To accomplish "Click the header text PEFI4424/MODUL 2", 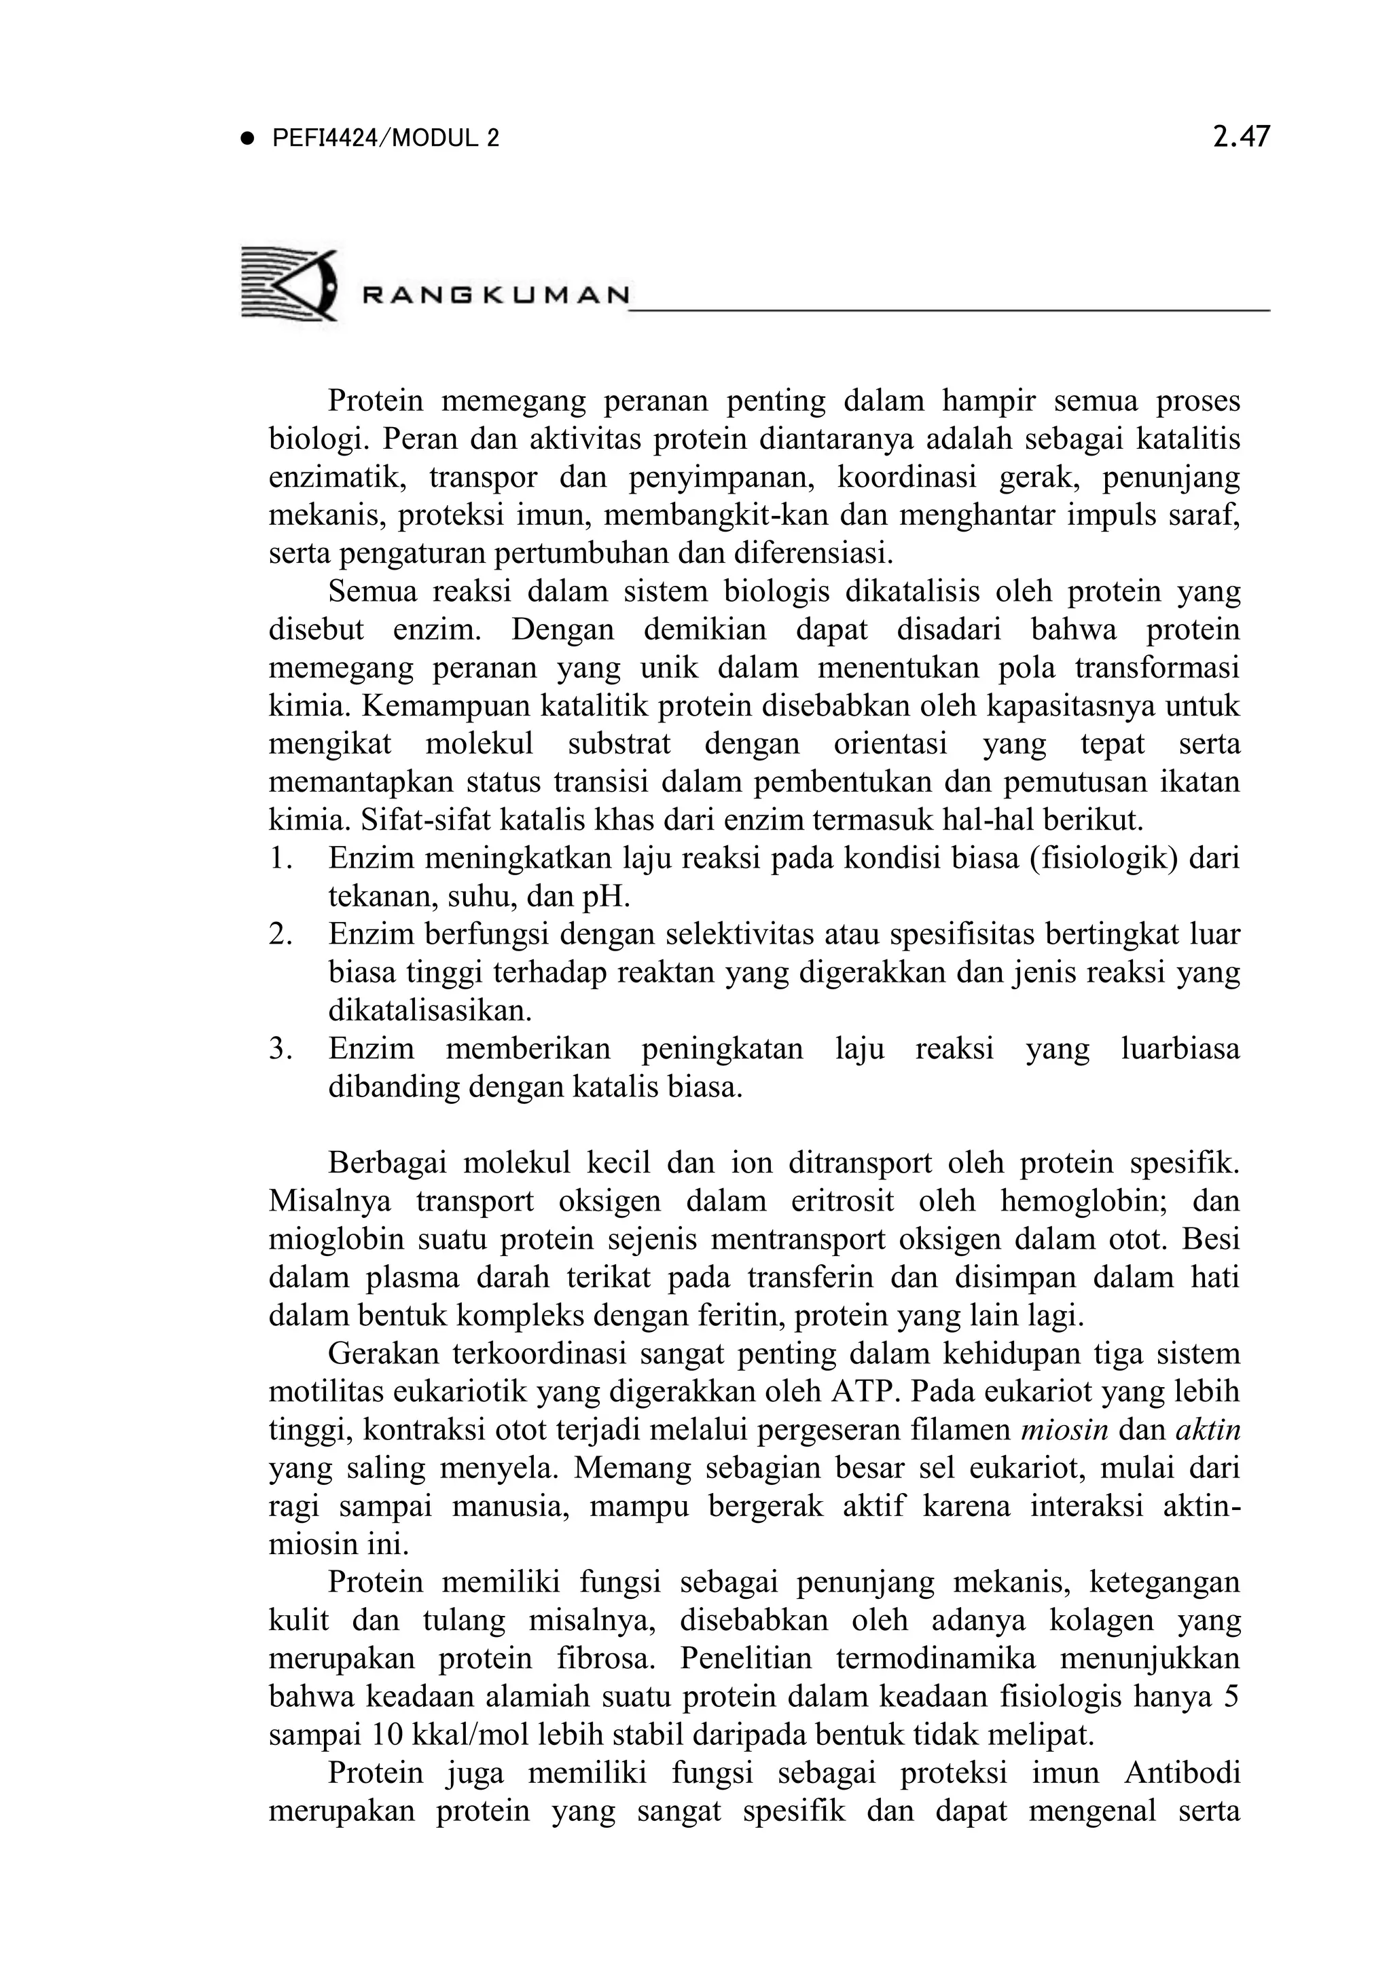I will pos(384,139).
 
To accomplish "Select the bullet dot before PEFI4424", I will pos(249,139).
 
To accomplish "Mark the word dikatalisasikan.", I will pos(430,1010).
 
